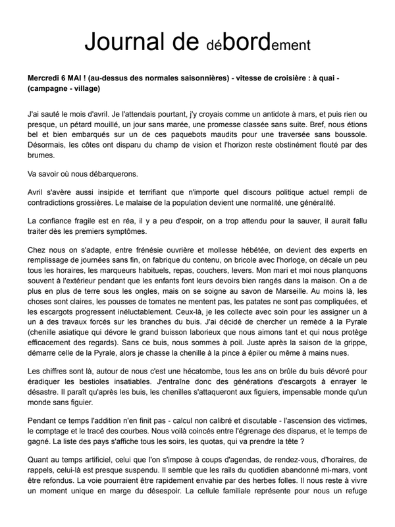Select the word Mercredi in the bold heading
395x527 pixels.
tap(47, 78)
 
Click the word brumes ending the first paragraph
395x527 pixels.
tap(43, 156)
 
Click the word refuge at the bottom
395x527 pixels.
tap(352, 490)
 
